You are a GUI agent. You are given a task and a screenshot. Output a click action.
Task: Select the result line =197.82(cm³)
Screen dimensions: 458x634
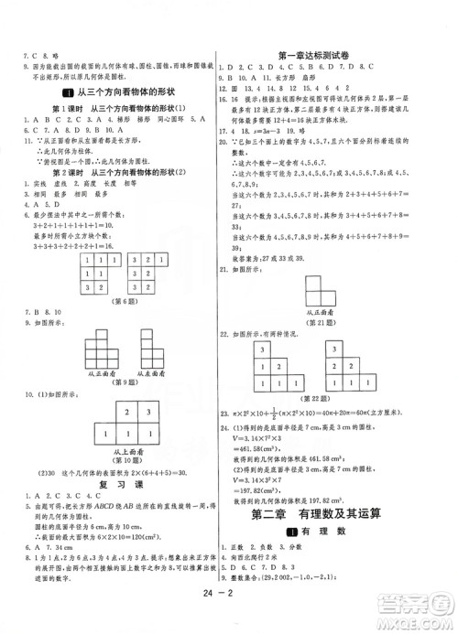(x=270, y=489)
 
